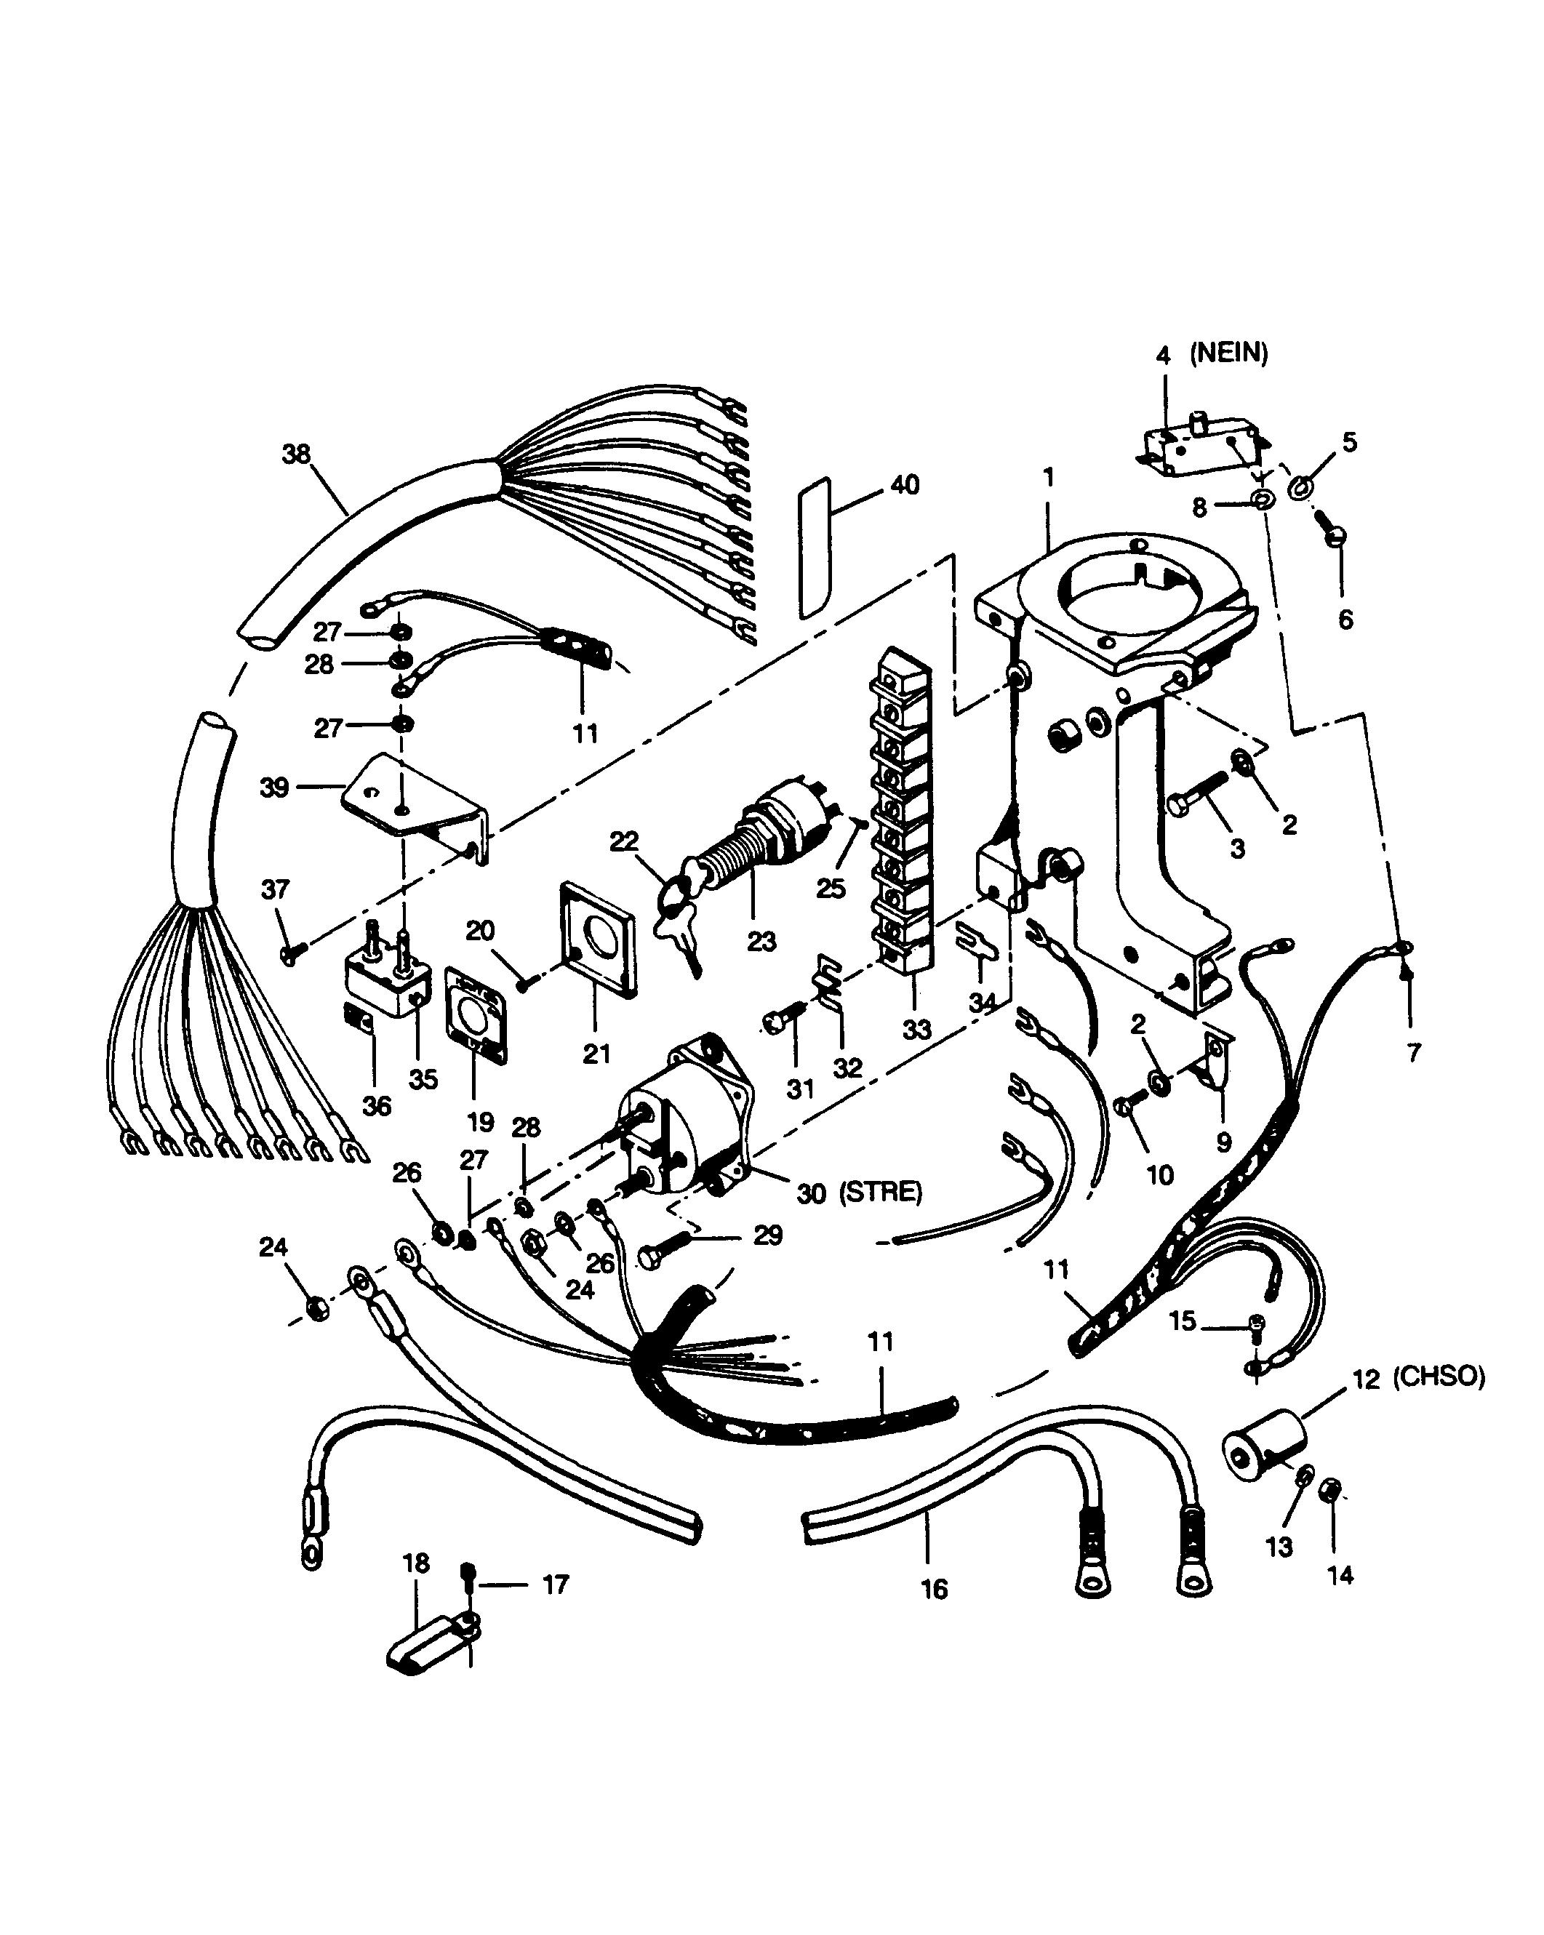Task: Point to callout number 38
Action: coord(296,454)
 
